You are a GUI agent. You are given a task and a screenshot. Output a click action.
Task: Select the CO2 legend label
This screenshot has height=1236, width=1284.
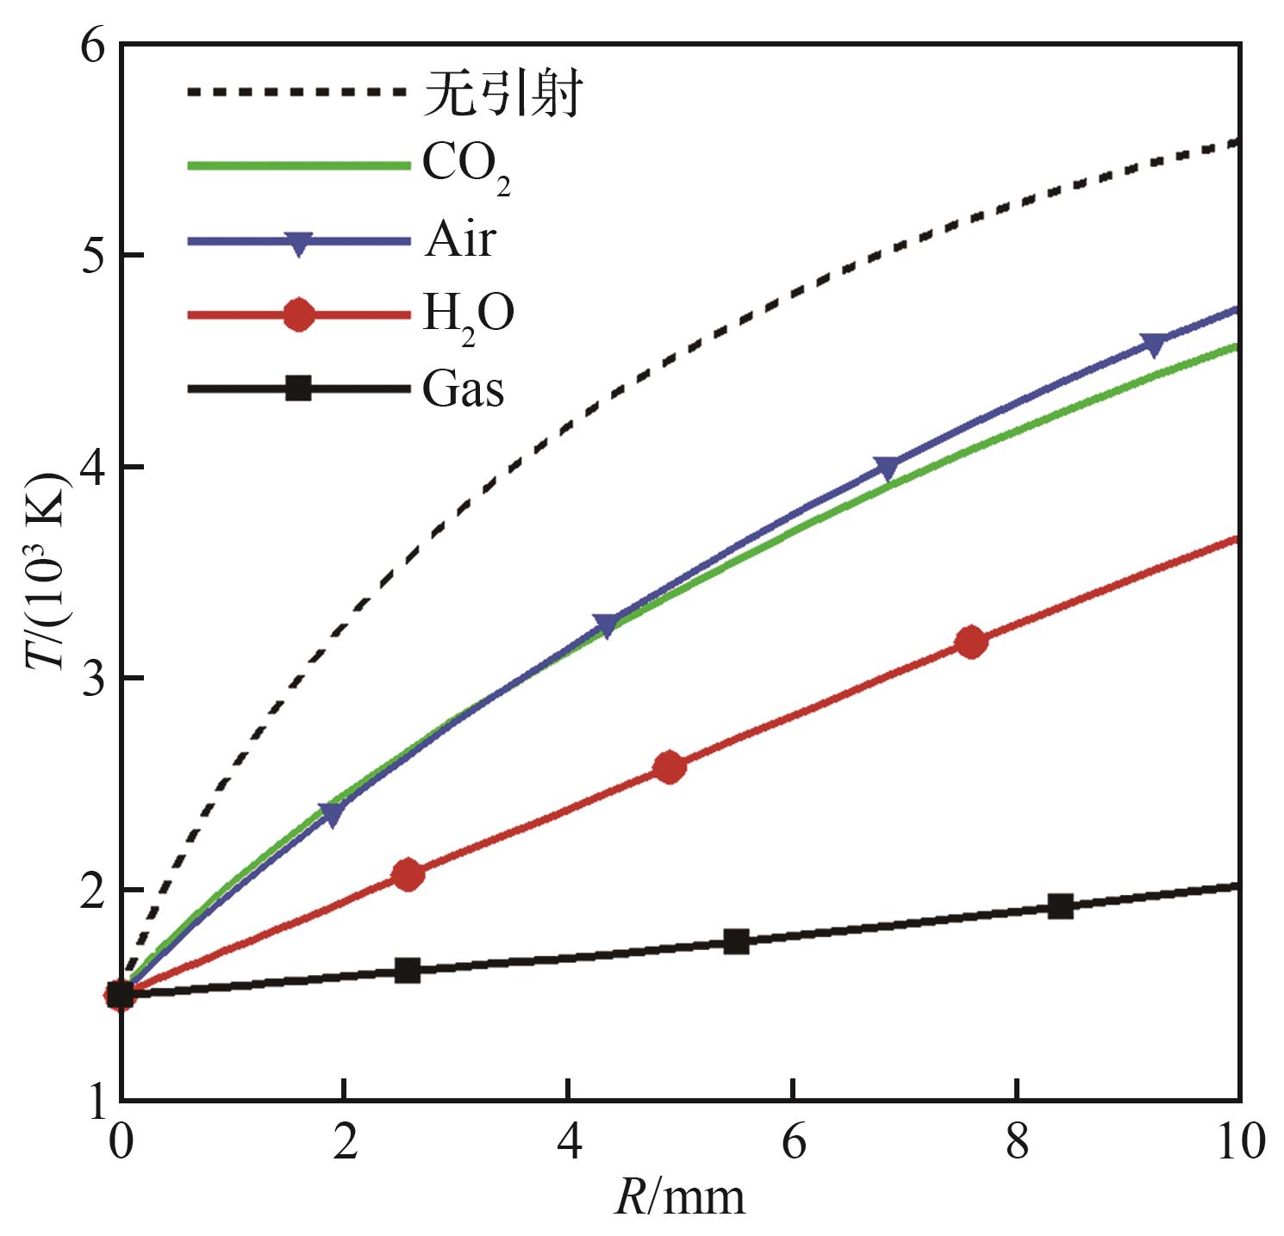466,167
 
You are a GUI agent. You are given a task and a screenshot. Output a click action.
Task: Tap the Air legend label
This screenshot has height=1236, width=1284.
458,239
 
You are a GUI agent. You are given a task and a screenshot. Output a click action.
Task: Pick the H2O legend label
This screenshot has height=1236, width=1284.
468,316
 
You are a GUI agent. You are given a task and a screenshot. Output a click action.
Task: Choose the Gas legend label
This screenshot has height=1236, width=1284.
463,390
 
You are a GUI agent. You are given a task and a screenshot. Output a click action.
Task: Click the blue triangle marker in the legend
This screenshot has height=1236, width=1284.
298,243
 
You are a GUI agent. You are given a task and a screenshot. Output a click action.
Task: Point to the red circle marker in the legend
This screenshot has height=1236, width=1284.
298,315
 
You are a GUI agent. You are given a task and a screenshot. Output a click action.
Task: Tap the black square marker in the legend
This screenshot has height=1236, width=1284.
298,389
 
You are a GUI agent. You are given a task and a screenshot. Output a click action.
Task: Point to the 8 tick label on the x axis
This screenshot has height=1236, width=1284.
1018,1144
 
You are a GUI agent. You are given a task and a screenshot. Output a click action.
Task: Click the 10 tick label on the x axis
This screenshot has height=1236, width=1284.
1237,1144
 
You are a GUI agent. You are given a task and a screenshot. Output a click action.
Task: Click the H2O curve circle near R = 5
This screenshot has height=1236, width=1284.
670,767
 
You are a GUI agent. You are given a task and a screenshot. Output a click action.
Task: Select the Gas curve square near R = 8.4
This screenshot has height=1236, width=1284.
1061,906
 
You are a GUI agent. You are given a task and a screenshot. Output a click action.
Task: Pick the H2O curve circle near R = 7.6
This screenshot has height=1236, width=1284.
971,642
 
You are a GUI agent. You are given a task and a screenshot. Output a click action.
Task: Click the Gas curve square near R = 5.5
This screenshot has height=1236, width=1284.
736,941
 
